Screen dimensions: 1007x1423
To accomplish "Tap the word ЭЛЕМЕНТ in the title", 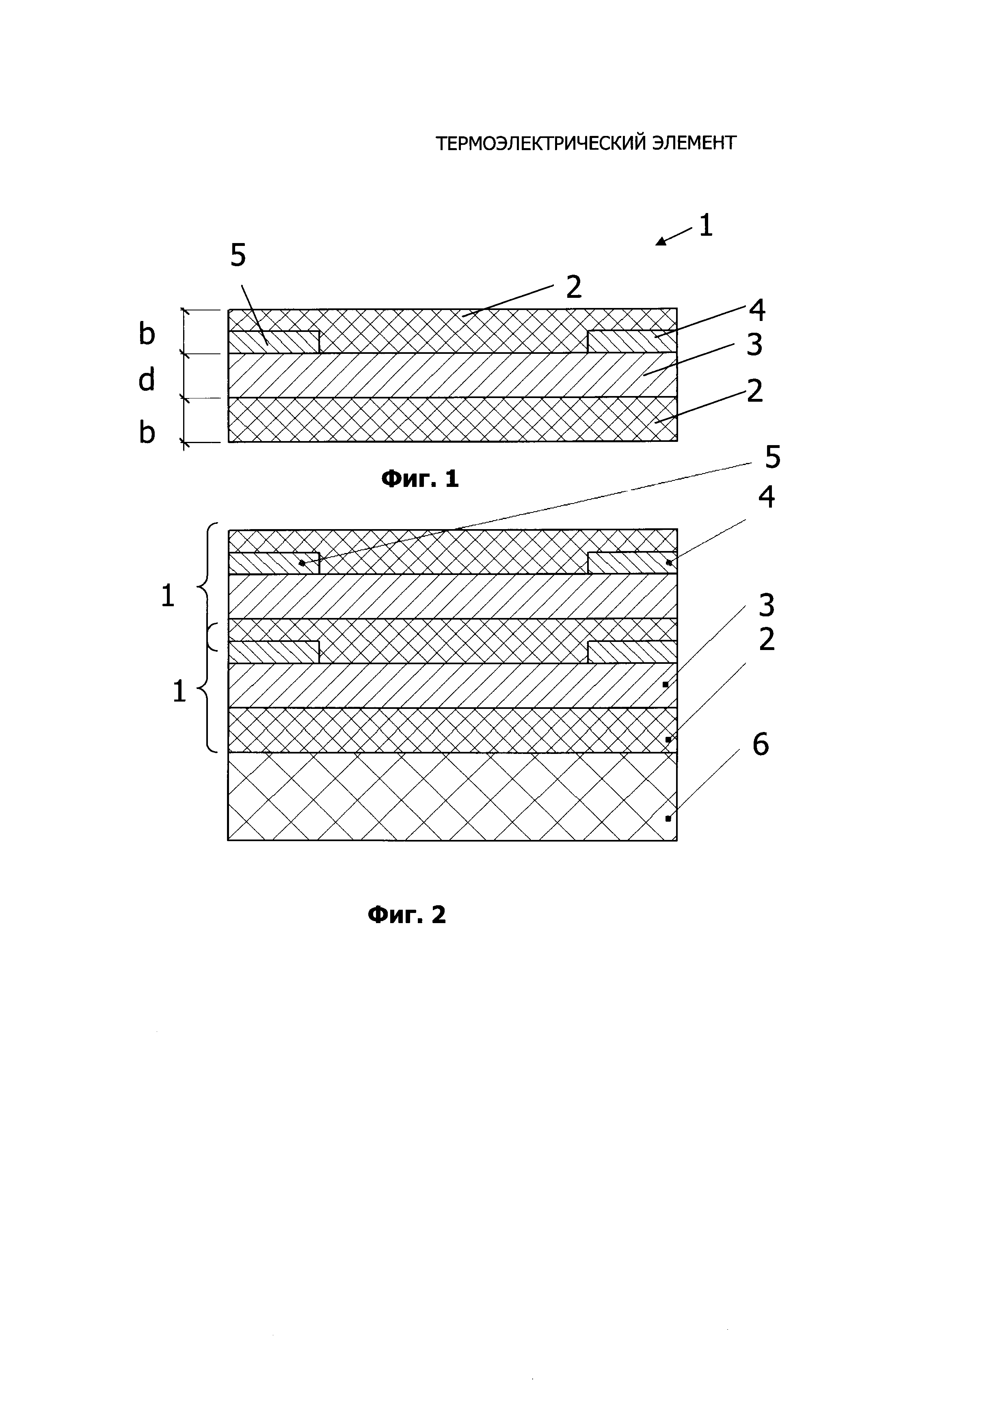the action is [694, 143].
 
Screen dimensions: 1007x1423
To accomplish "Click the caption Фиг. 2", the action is [407, 914].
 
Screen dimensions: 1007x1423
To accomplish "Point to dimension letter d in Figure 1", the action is [146, 379].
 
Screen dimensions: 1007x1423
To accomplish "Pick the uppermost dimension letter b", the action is [146, 334].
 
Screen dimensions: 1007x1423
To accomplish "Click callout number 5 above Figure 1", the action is [238, 255].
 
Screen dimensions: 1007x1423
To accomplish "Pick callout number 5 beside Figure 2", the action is [772, 457].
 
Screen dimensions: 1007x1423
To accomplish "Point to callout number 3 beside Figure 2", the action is [767, 605].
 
